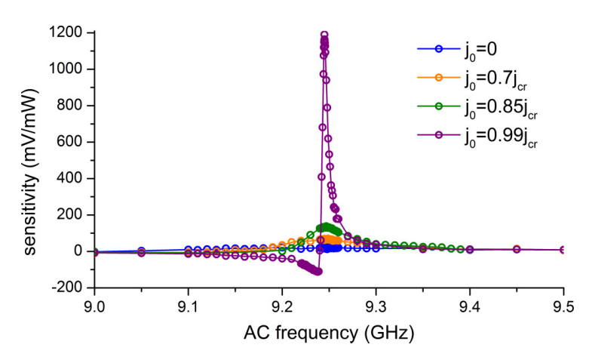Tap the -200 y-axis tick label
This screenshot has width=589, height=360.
point(67,288)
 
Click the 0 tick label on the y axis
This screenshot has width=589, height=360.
point(78,251)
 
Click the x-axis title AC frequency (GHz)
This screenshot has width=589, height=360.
point(329,331)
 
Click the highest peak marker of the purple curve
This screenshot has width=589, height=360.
point(324,35)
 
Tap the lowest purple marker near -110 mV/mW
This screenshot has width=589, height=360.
point(318,271)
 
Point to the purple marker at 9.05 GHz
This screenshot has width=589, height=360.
point(141,253)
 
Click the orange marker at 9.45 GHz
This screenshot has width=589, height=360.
point(517,249)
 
